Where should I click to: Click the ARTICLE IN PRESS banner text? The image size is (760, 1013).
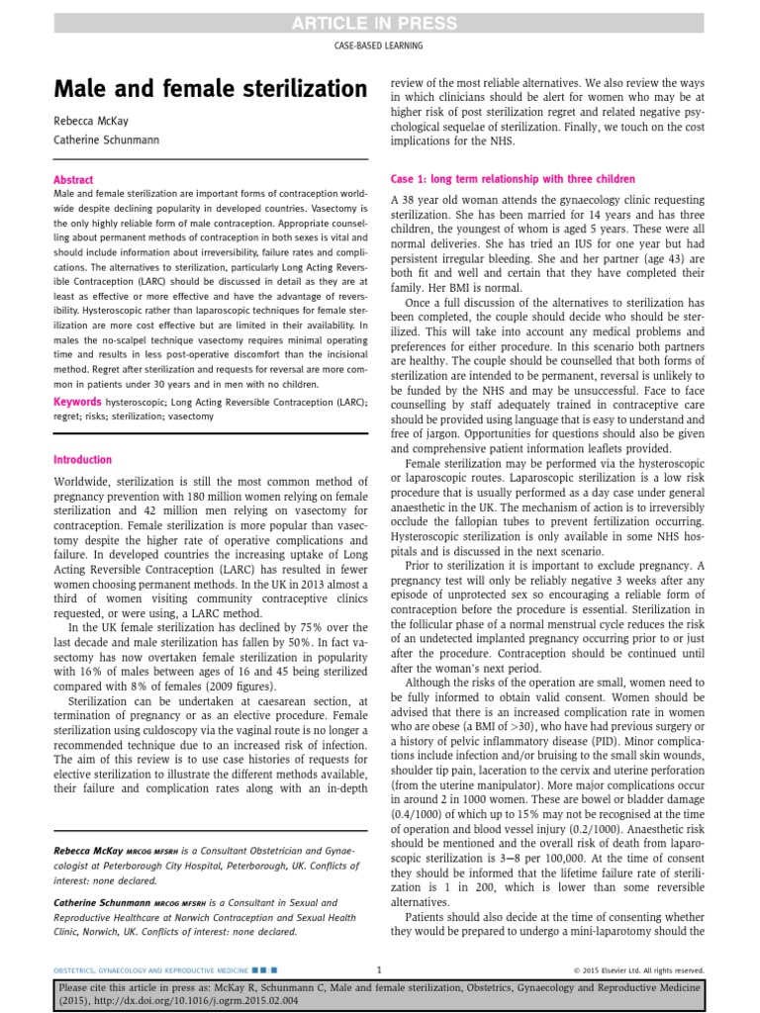point(380,23)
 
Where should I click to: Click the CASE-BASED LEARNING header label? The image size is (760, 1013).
point(380,46)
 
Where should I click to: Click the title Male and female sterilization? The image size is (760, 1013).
point(210,90)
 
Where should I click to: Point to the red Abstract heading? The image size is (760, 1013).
point(74,180)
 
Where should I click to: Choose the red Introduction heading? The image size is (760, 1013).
point(82,460)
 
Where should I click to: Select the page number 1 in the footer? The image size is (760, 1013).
point(380,969)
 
